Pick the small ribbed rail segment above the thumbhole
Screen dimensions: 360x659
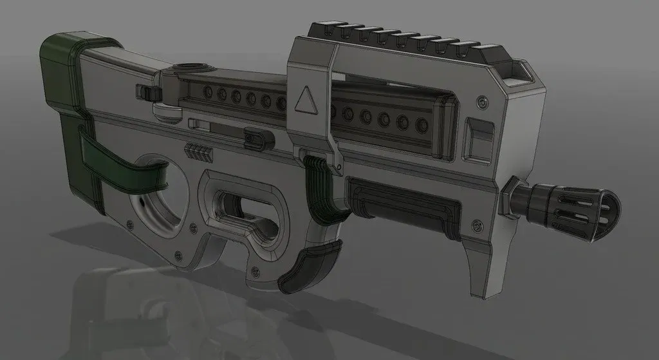point(198,152)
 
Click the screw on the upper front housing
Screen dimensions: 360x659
point(481,102)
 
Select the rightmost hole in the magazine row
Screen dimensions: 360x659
point(422,124)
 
